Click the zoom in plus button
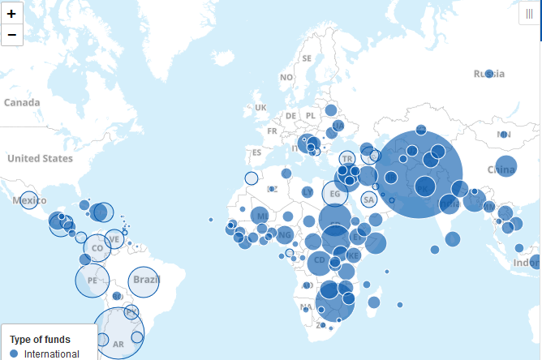tap(11, 14)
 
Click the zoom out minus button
tap(11, 35)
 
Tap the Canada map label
tap(22, 103)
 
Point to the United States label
tap(40, 158)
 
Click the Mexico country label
tap(29, 200)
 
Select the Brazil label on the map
tap(146, 280)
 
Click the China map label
tap(501, 169)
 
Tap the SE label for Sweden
tap(307, 58)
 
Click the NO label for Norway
tap(286, 77)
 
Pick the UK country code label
tap(260, 108)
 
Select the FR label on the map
tap(272, 131)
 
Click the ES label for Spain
tap(257, 152)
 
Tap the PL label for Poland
tap(311, 116)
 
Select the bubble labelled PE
tap(92, 281)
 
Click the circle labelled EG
tap(335, 194)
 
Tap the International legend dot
tap(13, 354)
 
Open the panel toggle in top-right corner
tap(529, 14)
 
